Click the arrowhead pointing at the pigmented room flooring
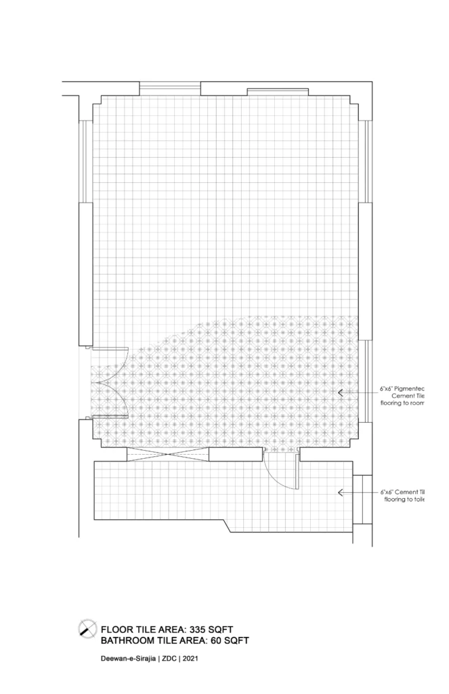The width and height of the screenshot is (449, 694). (x=341, y=392)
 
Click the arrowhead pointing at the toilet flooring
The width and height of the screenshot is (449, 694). (x=341, y=493)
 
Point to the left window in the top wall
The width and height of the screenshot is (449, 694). (x=170, y=88)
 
